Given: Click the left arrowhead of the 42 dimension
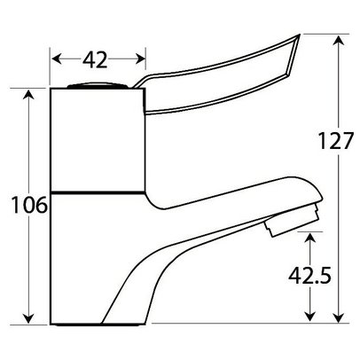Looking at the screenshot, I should point(54,60).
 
